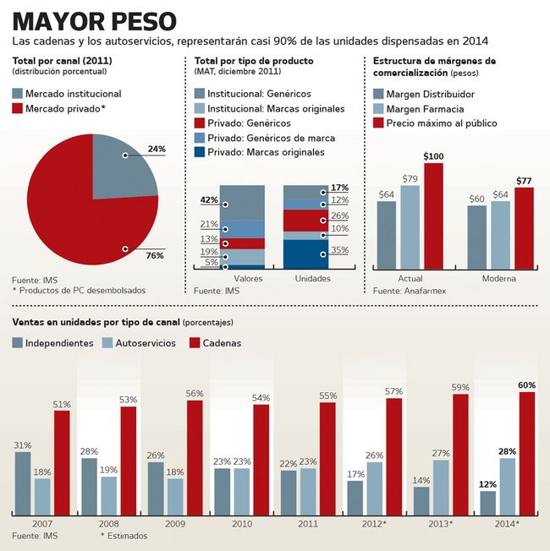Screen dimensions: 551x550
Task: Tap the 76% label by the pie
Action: (x=155, y=255)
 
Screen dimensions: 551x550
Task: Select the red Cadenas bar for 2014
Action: (x=527, y=453)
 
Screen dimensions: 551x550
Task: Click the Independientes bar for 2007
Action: (x=22, y=483)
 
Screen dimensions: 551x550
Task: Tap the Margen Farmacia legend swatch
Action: (x=378, y=109)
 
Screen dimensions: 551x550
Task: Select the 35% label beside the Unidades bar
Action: (x=339, y=250)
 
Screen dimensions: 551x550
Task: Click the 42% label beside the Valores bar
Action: (x=208, y=200)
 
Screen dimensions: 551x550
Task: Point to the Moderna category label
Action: (x=499, y=278)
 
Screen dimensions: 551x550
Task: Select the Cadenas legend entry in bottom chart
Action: (x=215, y=343)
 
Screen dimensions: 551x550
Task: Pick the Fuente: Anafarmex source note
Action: (x=410, y=291)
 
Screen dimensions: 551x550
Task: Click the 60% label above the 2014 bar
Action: (x=526, y=385)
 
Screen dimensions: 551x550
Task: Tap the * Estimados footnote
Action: (x=124, y=536)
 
